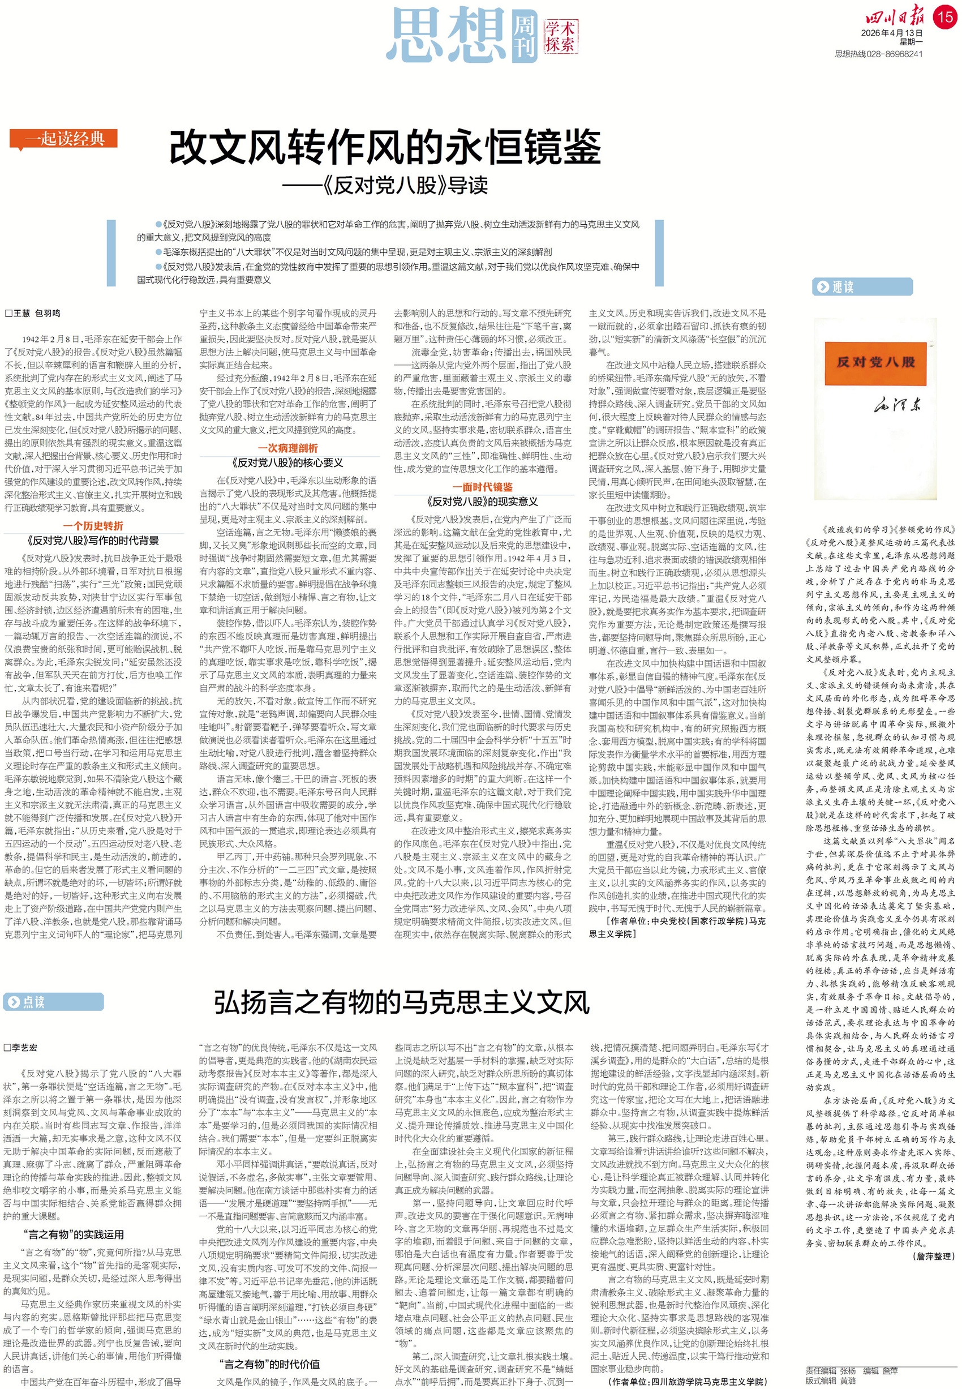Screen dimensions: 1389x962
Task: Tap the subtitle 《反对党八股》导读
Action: tap(385, 186)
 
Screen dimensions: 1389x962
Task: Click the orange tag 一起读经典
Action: tap(63, 139)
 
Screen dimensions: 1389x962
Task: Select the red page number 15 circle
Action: tap(945, 16)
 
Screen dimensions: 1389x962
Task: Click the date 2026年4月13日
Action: tap(891, 33)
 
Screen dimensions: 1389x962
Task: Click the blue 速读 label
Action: tap(861, 287)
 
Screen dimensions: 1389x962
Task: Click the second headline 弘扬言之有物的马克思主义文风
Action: tap(401, 1002)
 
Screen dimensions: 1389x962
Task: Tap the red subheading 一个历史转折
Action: tap(93, 526)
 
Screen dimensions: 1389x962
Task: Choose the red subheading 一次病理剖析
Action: tap(287, 448)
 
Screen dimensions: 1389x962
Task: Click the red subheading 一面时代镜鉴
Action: tap(482, 487)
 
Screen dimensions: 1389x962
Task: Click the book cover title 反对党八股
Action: tap(875, 362)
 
